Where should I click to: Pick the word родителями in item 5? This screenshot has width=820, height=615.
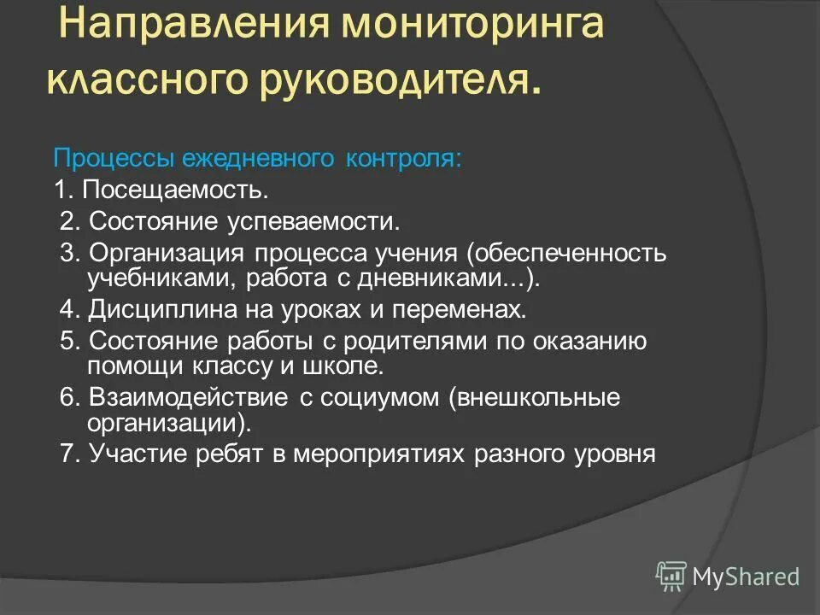pos(404,341)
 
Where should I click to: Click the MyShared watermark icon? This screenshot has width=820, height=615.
pos(671,576)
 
